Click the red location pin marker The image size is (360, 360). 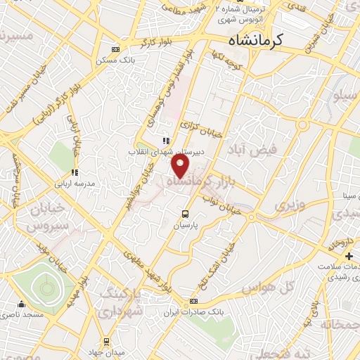coord(181,166)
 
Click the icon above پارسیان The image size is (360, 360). coord(185,214)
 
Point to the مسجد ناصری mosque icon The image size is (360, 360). coord(21,304)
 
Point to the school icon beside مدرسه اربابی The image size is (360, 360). coord(74,172)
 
